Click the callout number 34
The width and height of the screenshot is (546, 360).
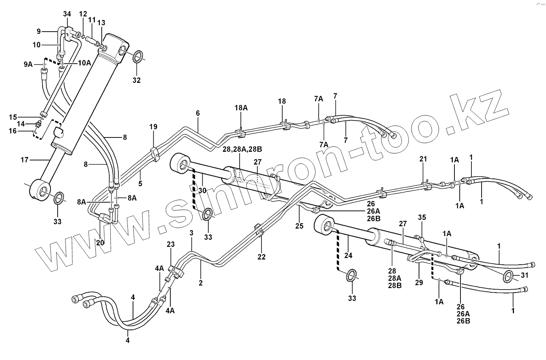click(67, 14)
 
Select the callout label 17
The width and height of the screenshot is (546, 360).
click(24, 160)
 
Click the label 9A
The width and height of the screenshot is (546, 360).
click(28, 64)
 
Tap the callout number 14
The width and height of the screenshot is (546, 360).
click(21, 124)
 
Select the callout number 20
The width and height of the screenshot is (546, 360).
click(100, 243)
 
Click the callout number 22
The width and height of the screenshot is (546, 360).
click(261, 257)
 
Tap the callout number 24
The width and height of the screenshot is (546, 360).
click(348, 256)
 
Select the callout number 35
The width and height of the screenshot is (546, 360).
click(422, 217)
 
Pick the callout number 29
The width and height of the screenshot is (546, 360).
click(419, 282)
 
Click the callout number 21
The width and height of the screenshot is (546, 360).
click(423, 159)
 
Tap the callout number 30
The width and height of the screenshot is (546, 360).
click(202, 191)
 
